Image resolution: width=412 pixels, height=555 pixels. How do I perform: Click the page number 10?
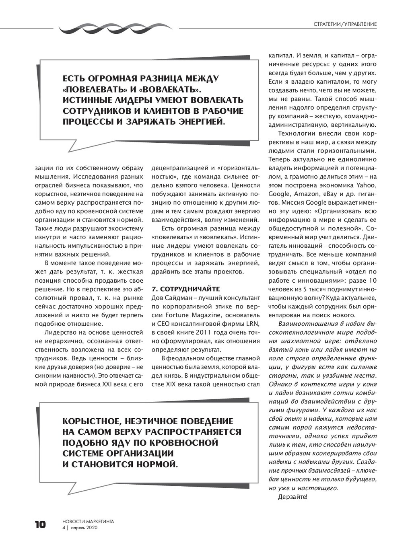pos(40,524)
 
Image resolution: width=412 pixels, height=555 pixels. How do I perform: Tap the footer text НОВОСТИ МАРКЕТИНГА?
pos(88,521)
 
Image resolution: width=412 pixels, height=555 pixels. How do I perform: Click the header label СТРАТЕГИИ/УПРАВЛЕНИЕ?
pos(345,24)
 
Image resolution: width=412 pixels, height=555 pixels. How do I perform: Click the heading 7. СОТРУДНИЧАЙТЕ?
pos(185,289)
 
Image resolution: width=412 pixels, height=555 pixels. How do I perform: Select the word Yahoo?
pos(366,185)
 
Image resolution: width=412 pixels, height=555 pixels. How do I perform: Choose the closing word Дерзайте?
pos(293,497)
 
